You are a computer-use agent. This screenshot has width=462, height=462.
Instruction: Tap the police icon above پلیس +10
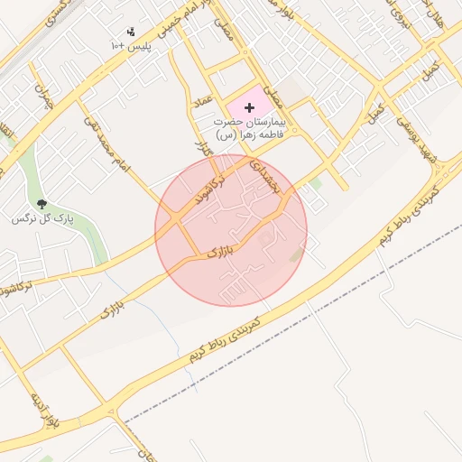pyautogui.click(x=132, y=32)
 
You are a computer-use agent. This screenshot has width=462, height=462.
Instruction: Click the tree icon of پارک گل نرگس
pyautogui.click(x=42, y=205)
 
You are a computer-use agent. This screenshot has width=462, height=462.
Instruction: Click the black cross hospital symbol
pyautogui.click(x=250, y=107)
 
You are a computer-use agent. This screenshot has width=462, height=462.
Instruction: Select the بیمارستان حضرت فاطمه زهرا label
pyautogui.click(x=249, y=127)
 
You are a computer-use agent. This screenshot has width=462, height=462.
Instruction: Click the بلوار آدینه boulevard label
pyautogui.click(x=42, y=411)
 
